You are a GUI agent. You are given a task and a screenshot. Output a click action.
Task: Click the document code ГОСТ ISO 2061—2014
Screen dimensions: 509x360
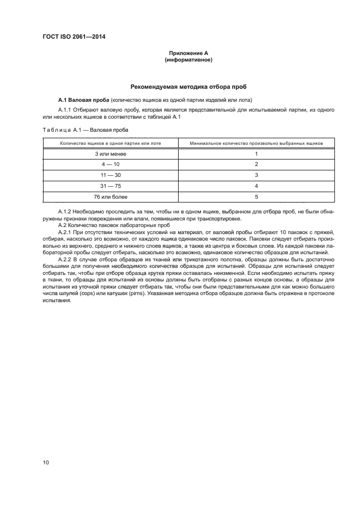[74, 37]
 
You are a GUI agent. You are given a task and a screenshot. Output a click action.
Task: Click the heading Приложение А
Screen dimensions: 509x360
[188, 53]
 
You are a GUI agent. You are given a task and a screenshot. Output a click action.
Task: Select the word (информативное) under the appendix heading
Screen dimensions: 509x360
[188, 60]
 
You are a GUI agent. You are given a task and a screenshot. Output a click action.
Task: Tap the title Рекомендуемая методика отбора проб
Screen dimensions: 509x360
[188, 87]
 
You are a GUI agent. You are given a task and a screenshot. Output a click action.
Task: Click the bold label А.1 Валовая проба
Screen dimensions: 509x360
[83, 99]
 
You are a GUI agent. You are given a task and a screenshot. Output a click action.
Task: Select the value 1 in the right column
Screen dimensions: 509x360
[256, 154]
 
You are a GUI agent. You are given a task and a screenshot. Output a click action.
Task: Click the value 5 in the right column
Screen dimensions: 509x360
[256, 197]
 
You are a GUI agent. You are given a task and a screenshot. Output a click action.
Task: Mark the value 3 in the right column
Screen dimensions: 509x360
[256, 175]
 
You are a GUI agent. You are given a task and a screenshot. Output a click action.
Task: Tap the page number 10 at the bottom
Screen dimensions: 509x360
[46, 463]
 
